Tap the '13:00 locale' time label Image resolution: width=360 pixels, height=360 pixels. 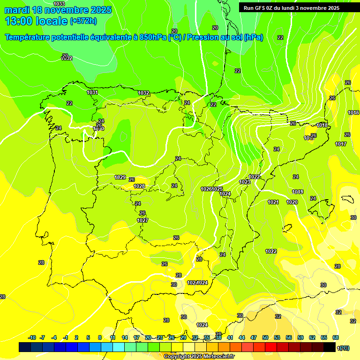click(x=36, y=21)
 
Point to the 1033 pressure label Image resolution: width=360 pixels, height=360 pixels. click(x=60, y=4)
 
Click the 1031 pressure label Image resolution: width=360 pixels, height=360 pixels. click(x=92, y=92)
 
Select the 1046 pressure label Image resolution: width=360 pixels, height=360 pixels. click(x=353, y=112)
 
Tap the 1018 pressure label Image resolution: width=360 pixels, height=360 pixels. click(x=322, y=125)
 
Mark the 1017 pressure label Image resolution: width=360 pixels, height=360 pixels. click(x=341, y=144)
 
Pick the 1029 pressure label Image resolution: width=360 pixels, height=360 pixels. click(x=120, y=177)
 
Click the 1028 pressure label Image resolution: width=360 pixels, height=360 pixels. click(x=139, y=186)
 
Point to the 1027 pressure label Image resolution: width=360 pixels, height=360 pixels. click(x=142, y=220)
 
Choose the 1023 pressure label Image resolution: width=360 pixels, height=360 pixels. click(x=244, y=182)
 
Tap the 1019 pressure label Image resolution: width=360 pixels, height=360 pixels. click(x=298, y=192)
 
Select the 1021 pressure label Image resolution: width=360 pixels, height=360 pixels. click(x=273, y=202)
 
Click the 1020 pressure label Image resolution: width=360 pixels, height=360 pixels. click(x=292, y=202)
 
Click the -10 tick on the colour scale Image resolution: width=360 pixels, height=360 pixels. click(x=32, y=337)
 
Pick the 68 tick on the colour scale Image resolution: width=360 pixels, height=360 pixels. click(x=336, y=337)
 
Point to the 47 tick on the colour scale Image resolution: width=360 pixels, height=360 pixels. click(x=254, y=337)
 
